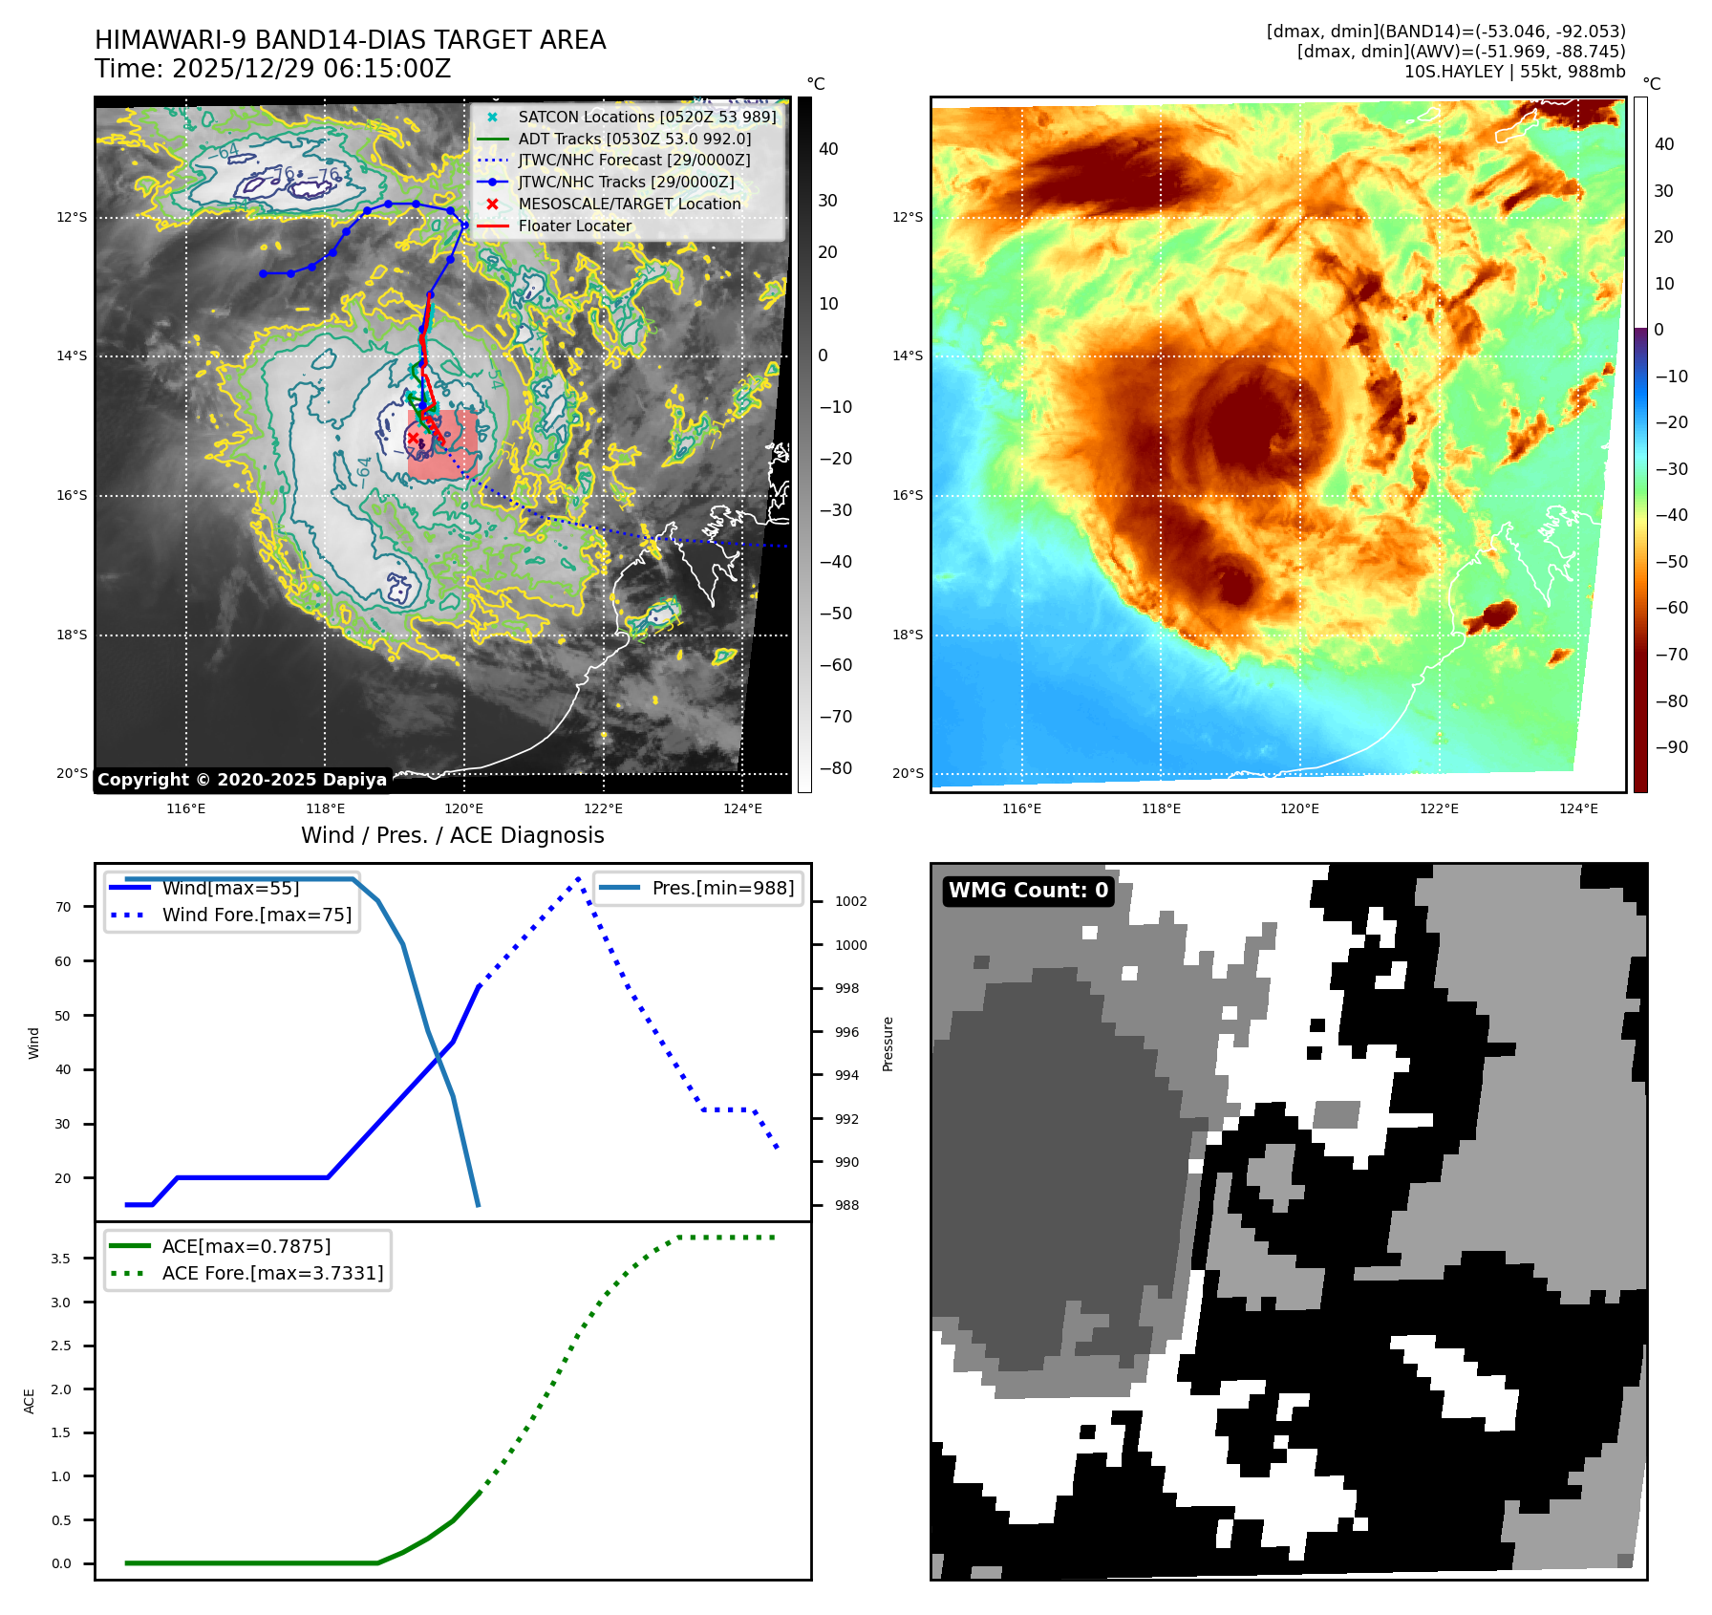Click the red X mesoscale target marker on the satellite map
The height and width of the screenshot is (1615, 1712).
click(x=413, y=439)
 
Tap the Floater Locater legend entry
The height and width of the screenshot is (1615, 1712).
click(x=574, y=226)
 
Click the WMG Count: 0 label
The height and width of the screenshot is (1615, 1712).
click(x=1028, y=891)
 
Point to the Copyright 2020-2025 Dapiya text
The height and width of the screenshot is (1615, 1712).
click(x=242, y=780)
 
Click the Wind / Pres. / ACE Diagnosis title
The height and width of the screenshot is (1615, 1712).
click(x=452, y=835)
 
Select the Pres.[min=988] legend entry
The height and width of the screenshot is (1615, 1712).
click(x=722, y=888)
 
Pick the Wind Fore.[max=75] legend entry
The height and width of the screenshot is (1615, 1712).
click(x=256, y=915)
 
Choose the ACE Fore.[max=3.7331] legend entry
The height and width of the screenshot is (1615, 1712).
click(x=272, y=1273)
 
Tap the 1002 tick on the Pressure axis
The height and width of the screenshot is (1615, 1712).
click(x=850, y=901)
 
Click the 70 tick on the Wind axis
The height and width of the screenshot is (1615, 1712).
click(x=63, y=907)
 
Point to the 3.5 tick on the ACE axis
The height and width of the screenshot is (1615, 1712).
click(x=61, y=1259)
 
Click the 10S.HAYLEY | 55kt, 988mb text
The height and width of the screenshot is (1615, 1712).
click(x=1514, y=72)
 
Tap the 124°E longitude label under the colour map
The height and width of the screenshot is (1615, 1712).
click(x=1578, y=808)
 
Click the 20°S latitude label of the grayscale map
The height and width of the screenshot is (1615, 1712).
click(x=72, y=773)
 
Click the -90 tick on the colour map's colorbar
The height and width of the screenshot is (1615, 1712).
click(x=1671, y=747)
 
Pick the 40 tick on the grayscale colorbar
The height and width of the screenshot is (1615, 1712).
click(x=827, y=149)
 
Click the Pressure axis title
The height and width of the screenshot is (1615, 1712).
click(x=888, y=1044)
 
